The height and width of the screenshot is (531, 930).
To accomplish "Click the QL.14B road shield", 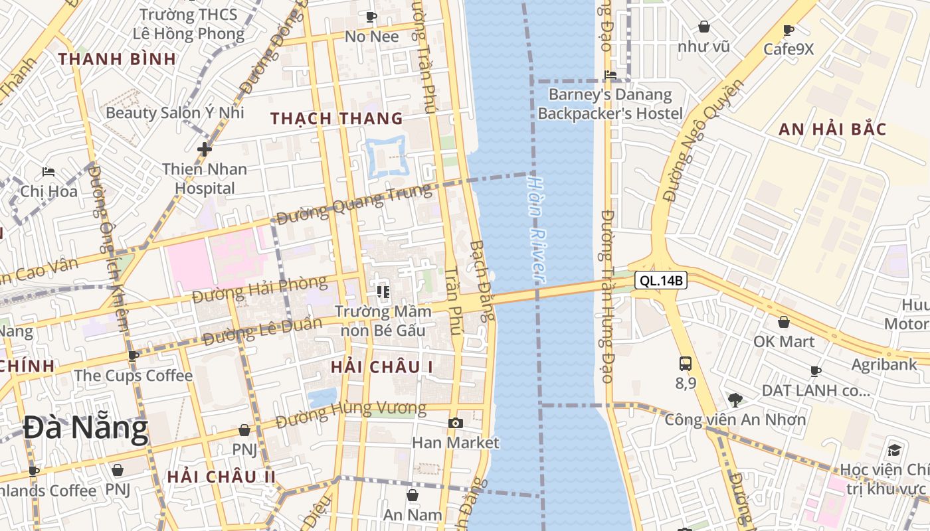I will [x=660, y=281].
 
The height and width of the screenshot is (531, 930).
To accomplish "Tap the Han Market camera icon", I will [x=455, y=423].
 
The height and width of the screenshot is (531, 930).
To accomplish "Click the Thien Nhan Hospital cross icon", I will [x=205, y=149].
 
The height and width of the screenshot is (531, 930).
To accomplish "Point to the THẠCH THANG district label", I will [x=337, y=119].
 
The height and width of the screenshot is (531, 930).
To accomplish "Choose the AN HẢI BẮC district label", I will [x=832, y=129].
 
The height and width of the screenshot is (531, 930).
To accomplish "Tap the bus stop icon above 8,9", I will [x=686, y=364].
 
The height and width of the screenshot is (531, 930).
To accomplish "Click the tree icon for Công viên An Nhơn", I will [x=735, y=400].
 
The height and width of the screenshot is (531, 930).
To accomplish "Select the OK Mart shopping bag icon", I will [x=784, y=322].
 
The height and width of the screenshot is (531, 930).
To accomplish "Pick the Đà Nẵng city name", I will [x=86, y=428].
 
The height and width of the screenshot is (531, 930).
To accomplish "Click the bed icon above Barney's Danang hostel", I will [x=610, y=74].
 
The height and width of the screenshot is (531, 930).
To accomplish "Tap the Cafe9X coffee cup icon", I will [x=789, y=31].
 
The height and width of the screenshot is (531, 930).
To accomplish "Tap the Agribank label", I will [x=884, y=364].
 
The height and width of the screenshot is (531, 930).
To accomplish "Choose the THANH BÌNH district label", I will [x=117, y=59].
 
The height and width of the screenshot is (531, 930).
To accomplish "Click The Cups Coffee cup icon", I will [x=134, y=355].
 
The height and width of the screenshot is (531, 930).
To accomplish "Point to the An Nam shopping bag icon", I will [x=413, y=494].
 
